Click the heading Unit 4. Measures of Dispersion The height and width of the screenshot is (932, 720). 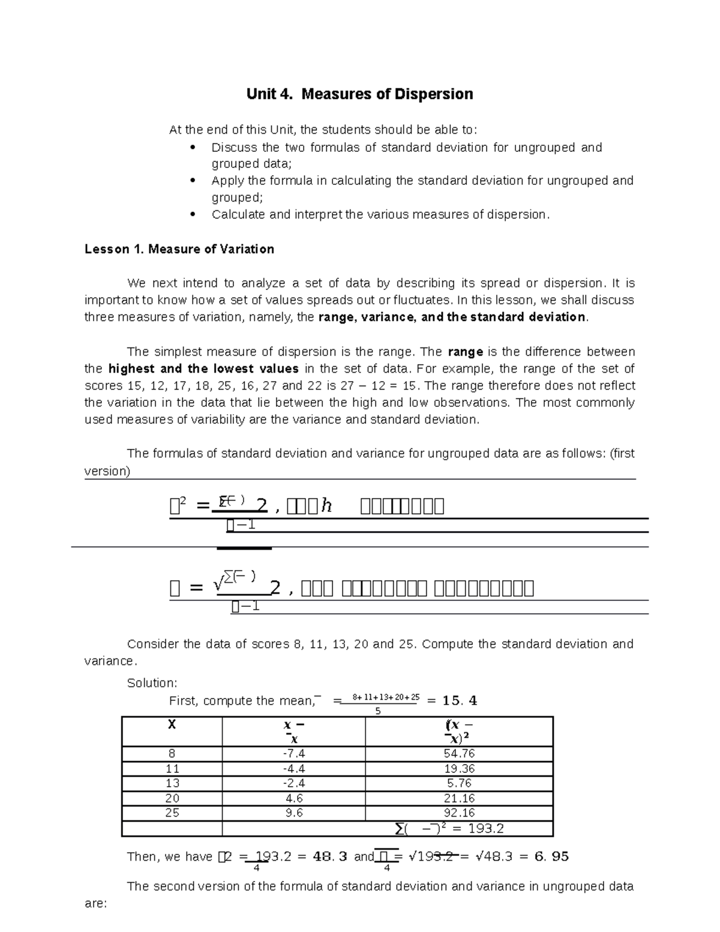tap(359, 94)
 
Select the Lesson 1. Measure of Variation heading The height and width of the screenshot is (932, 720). tap(179, 249)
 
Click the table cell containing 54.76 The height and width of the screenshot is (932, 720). tap(459, 754)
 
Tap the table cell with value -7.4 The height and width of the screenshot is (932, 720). tap(293, 754)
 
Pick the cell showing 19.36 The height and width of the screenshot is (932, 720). tap(459, 769)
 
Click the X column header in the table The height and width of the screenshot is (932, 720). tap(172, 724)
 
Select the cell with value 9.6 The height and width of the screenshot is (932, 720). tap(293, 813)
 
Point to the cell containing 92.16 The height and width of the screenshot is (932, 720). tap(459, 813)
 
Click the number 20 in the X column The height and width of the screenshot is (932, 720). tap(172, 798)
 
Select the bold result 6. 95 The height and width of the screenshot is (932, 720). tap(552, 856)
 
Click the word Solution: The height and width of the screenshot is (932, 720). tap(152, 683)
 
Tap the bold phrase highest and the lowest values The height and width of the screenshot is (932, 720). tap(203, 368)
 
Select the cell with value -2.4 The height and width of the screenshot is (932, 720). tap(293, 783)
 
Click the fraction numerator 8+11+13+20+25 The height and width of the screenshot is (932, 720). tap(386, 697)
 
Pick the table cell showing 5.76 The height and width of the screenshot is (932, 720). tap(459, 783)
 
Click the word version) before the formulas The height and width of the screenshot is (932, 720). tap(107, 471)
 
